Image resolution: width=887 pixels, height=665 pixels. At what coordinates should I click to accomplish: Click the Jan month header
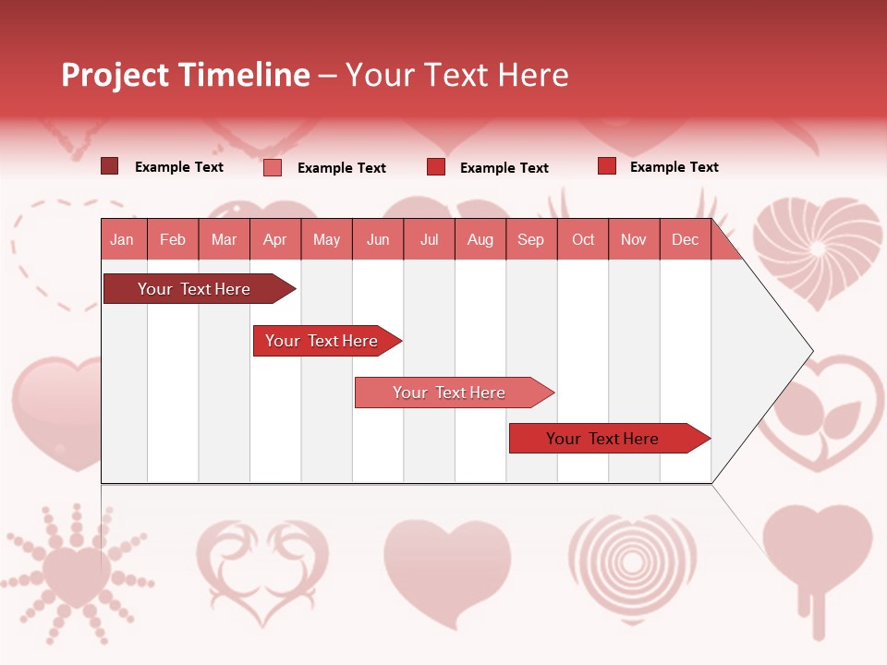point(122,239)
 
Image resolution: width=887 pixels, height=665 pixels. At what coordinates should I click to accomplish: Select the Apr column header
point(274,239)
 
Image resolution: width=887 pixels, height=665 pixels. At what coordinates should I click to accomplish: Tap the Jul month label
point(429,239)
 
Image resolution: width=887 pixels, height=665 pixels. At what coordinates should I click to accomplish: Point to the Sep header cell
point(530,239)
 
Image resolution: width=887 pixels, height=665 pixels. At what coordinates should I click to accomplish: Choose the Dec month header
point(685,239)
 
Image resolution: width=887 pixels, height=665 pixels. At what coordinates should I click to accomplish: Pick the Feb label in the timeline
point(173,239)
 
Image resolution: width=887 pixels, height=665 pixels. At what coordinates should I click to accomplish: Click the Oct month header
point(583,239)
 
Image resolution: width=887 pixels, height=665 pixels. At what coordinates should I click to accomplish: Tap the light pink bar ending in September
point(451,393)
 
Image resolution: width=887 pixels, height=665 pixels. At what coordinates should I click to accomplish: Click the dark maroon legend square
point(109,166)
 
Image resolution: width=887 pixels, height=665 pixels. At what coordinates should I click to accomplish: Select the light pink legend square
point(272,167)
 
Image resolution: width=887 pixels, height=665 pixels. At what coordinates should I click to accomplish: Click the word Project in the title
point(115,75)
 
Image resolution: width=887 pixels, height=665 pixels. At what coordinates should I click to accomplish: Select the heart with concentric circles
point(632,561)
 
